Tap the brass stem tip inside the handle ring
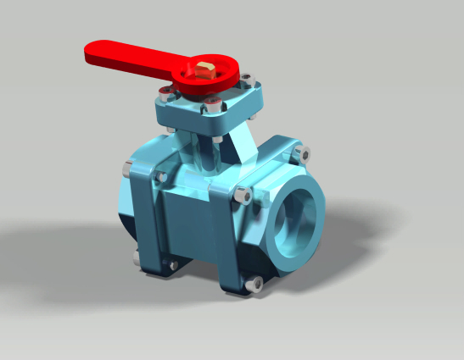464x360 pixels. click(206, 69)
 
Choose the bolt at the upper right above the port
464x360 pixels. click(302, 154)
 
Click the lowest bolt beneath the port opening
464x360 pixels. click(253, 285)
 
